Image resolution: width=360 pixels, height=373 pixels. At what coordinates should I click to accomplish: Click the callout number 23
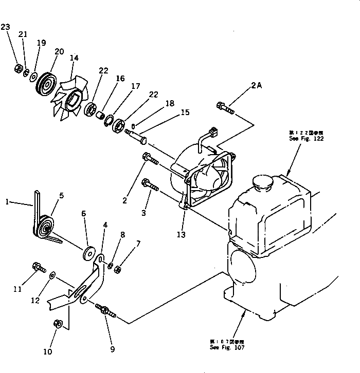point(5,27)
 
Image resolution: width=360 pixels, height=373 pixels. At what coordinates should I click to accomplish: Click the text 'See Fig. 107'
point(227,347)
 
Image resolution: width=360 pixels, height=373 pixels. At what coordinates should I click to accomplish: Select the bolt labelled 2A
point(225,108)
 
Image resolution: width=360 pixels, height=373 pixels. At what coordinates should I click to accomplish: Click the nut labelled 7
point(118,268)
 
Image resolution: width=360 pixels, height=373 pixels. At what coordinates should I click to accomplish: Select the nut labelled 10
point(58,323)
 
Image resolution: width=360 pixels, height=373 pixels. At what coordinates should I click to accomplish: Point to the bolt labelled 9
point(105,310)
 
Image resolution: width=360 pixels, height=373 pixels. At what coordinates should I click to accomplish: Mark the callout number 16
point(120,79)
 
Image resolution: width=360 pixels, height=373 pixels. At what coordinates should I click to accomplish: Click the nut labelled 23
point(17,67)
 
